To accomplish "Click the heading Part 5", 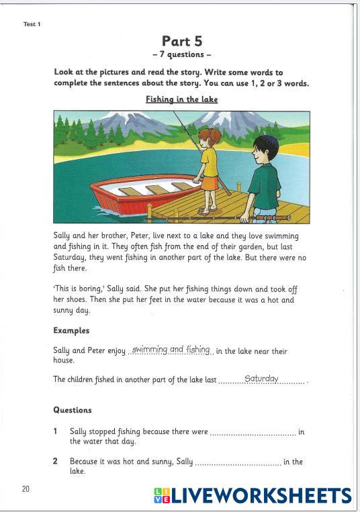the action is click(x=181, y=41).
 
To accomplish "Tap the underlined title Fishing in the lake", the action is click(x=181, y=99).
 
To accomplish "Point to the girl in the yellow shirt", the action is click(x=209, y=161).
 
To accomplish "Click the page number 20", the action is click(x=26, y=489).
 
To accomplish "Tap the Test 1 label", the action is click(x=32, y=24).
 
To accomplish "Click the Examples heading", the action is click(x=71, y=331).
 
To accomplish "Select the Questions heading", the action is click(x=73, y=410).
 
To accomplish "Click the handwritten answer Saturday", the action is click(x=261, y=378).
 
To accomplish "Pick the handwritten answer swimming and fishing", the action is click(x=171, y=350).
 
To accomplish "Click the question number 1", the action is click(x=56, y=432).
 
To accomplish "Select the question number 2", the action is click(x=56, y=462).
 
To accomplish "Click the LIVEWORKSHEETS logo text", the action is click(x=261, y=496).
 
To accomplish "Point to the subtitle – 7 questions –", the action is click(x=181, y=55).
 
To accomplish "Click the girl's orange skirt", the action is click(x=209, y=183).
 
